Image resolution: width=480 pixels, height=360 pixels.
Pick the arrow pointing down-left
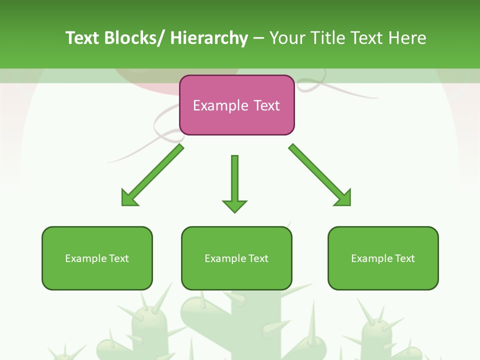152,175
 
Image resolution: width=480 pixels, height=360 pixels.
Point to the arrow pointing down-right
320,175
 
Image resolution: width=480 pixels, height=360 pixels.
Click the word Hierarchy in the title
209,38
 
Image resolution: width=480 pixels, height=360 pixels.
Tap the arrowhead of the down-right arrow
343,198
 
